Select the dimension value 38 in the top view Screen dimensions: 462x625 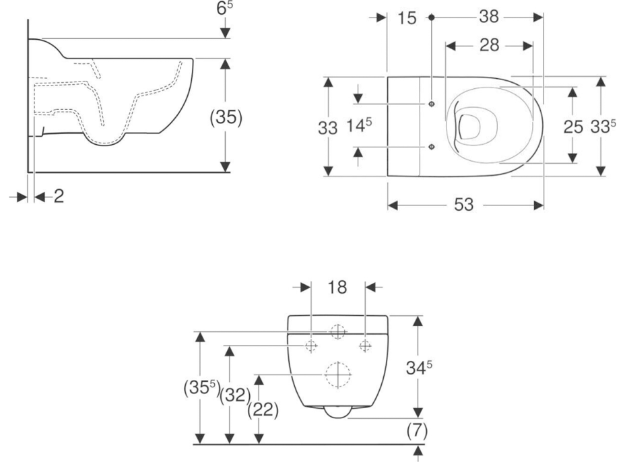tap(489, 18)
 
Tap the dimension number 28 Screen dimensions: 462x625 tap(490, 46)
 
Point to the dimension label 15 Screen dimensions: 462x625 tap(407, 18)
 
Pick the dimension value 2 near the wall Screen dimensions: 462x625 tap(59, 197)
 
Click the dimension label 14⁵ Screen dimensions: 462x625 tap(360, 127)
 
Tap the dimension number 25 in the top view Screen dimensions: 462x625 tap(573, 127)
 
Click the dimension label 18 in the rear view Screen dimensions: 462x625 tap(338, 288)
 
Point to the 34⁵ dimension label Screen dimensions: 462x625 tap(419, 368)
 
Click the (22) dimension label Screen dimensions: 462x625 tap(262, 409)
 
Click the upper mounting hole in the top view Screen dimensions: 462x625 tap(431, 104)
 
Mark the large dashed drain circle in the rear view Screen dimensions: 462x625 tap(338, 374)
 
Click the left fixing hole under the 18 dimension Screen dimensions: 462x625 tap(310, 346)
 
